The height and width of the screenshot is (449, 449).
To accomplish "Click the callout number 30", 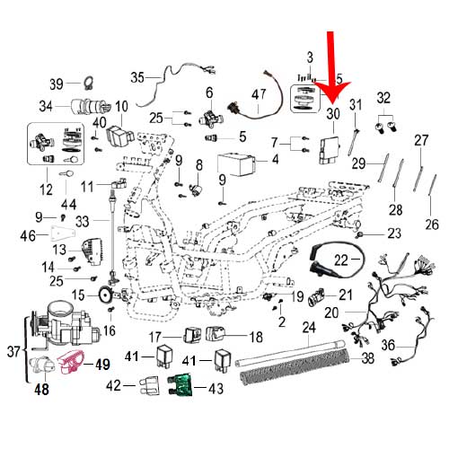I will click(x=332, y=114).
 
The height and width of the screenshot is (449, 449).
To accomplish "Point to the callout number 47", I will click(x=260, y=94).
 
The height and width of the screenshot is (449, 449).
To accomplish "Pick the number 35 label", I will click(x=137, y=75).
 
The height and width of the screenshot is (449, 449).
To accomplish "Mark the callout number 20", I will click(x=330, y=313).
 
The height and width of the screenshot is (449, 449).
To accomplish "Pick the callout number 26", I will click(x=433, y=224).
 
